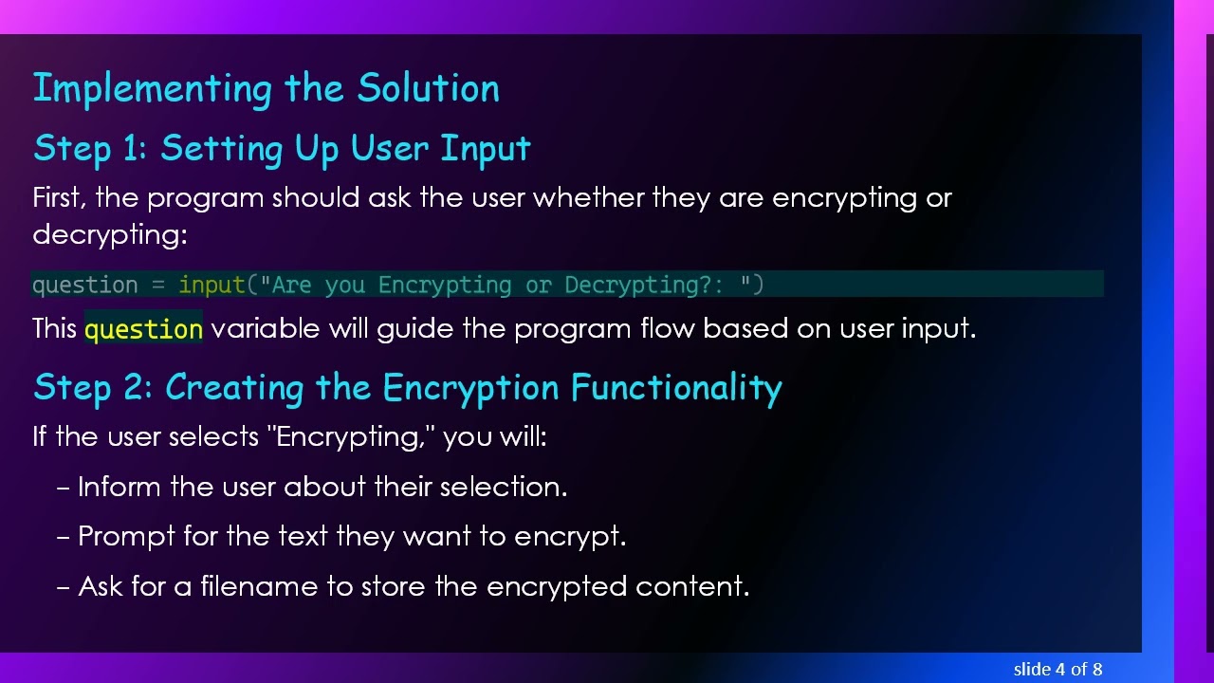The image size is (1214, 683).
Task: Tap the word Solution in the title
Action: pyautogui.click(x=428, y=88)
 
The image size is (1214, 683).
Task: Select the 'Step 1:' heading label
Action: pyautogui.click(x=91, y=149)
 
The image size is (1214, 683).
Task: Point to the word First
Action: pyautogui.click(x=60, y=198)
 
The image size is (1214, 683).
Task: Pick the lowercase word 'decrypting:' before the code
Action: pyautogui.click(x=110, y=234)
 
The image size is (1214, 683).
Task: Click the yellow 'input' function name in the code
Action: pyautogui.click(x=212, y=285)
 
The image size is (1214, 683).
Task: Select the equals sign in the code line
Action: pyautogui.click(x=158, y=285)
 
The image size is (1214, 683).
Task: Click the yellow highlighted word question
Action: pyautogui.click(x=143, y=329)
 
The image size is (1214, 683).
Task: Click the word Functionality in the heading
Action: pyautogui.click(x=675, y=388)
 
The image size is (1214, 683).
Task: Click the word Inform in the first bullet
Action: pyautogui.click(x=120, y=487)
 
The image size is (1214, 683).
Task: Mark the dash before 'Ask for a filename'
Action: pyautogui.click(x=64, y=587)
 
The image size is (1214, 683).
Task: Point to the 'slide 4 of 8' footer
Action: pyautogui.click(x=1058, y=670)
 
